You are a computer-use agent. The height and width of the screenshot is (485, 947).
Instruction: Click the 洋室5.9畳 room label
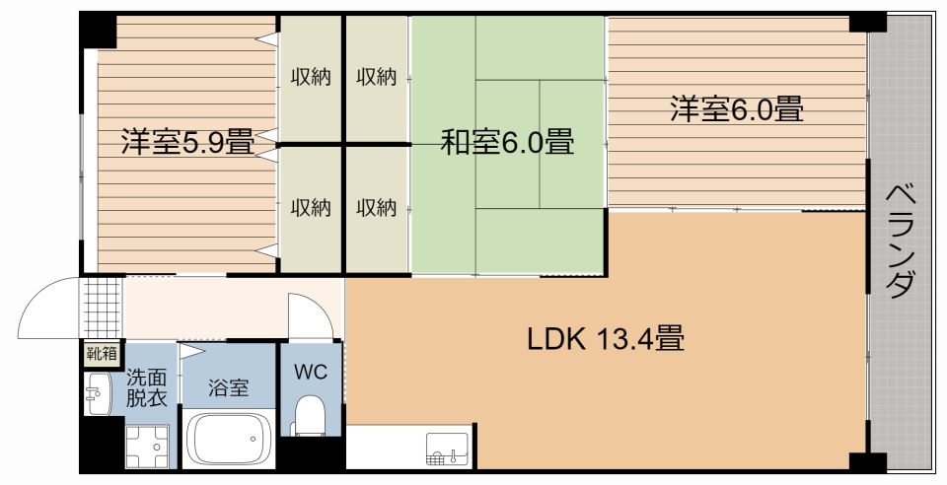click(186, 142)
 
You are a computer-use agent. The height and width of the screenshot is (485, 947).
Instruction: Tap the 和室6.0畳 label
click(506, 142)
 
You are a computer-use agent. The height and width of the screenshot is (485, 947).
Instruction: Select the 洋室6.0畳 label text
click(736, 108)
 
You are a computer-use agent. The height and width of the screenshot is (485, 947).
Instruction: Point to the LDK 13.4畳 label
click(606, 341)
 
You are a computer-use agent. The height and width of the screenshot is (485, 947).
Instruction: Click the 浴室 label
click(228, 388)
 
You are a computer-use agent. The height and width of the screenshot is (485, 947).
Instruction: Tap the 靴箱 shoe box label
click(100, 353)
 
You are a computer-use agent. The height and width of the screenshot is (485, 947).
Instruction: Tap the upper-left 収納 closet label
click(310, 78)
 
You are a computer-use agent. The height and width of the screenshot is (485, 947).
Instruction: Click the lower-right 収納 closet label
click(376, 208)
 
